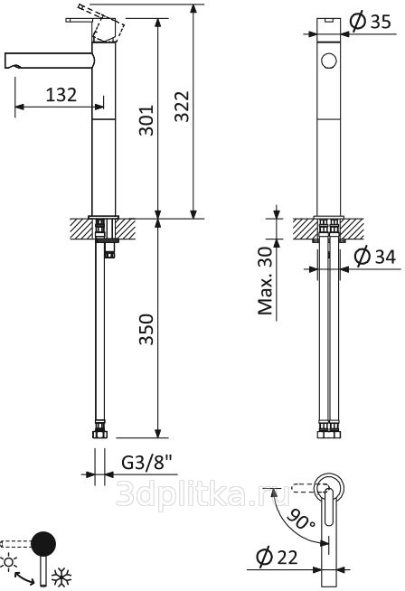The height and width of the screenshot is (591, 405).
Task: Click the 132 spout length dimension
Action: click(x=61, y=95)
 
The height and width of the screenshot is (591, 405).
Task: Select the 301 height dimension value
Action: click(x=146, y=120)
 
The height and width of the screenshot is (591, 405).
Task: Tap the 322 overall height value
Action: click(x=182, y=107)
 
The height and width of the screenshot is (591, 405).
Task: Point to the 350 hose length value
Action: click(x=146, y=330)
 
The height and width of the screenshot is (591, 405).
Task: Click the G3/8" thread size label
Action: click(x=147, y=462)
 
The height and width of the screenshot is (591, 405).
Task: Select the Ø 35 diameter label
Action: click(x=370, y=21)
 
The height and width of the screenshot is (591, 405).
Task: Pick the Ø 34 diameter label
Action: click(x=375, y=257)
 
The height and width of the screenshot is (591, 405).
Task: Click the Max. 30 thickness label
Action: click(x=265, y=281)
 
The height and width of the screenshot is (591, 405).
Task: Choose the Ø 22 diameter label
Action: click(x=277, y=557)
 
